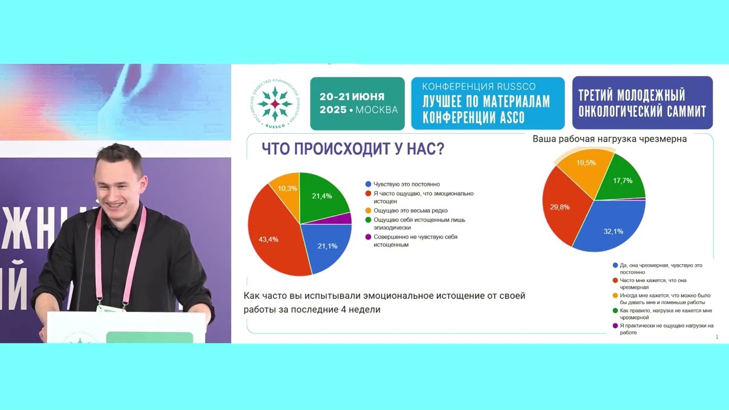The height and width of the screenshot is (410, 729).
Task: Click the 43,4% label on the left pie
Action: [x=268, y=239]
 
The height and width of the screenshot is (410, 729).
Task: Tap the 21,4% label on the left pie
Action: [x=322, y=196]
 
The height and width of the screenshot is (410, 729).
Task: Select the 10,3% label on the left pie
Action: [x=288, y=188]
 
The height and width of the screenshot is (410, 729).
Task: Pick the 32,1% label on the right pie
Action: [x=613, y=231]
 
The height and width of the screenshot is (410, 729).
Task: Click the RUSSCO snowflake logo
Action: [x=275, y=104]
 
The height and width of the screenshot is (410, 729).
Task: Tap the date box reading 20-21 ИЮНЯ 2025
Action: [x=358, y=104]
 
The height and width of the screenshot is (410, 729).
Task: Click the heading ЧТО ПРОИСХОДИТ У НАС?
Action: [x=353, y=149]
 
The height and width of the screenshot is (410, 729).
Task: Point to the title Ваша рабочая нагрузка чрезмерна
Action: [x=609, y=139]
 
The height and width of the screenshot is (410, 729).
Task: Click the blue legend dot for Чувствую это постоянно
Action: [x=368, y=184]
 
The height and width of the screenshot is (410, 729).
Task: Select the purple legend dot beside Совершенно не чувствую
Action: [x=368, y=236]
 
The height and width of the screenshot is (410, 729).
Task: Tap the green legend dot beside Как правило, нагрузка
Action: [x=615, y=310]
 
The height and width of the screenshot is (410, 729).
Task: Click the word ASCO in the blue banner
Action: [x=508, y=118]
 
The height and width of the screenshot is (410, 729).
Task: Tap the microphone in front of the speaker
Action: [x=88, y=228]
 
